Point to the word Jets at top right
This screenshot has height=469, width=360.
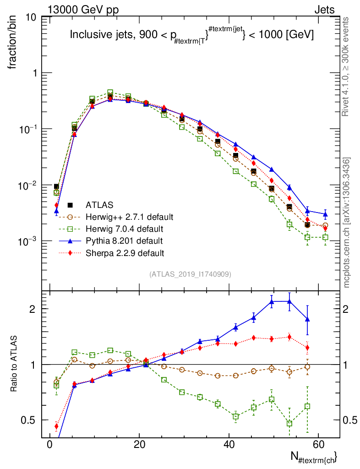pyautogui.click(x=324, y=9)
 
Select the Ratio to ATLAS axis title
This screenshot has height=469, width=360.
pyautogui.click(x=14, y=365)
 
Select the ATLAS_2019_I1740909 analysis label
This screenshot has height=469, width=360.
pyautogui.click(x=190, y=274)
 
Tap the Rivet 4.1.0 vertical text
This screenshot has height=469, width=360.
pyautogui.click(x=347, y=66)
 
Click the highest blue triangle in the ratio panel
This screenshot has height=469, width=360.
pyautogui.click(x=289, y=301)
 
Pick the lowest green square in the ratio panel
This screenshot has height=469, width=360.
pyautogui.click(x=289, y=423)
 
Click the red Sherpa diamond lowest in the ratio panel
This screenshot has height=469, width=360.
pyautogui.click(x=56, y=426)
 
